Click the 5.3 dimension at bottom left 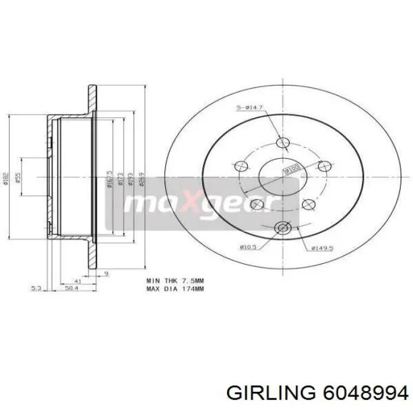point(36,289)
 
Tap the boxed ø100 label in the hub point(291,170)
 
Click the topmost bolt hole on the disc point(283,142)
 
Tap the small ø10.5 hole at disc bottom point(283,228)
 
